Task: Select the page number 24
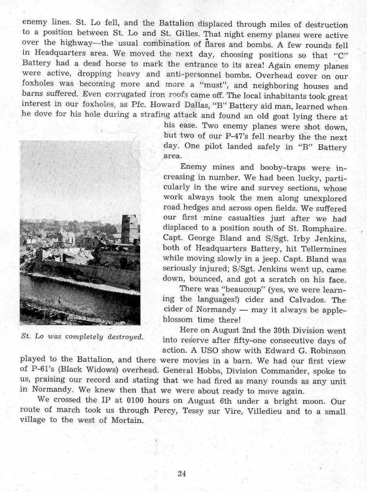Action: pyautogui.click(x=182, y=473)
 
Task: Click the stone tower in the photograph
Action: pyautogui.click(x=130, y=229)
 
